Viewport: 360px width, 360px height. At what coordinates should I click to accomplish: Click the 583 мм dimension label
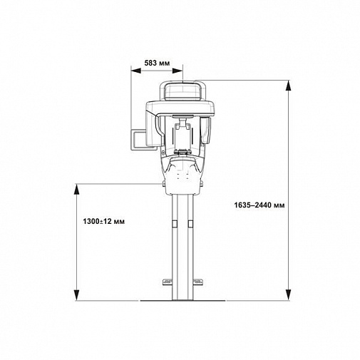[x=157, y=63]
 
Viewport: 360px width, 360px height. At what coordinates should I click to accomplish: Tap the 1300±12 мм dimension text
[x=103, y=222]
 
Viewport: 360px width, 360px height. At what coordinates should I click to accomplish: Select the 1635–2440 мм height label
[x=259, y=205]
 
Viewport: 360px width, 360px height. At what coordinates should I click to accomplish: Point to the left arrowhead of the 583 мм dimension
[x=136, y=71]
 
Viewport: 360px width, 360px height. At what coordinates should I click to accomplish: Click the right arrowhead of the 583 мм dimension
[x=178, y=71]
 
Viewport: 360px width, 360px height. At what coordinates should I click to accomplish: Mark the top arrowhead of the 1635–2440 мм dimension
[x=288, y=86]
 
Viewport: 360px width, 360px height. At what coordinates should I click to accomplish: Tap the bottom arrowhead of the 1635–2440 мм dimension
[x=288, y=295]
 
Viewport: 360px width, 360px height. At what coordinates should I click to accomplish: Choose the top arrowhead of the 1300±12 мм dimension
[x=76, y=189]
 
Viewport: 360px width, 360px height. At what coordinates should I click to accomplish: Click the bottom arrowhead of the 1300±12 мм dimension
[x=76, y=295]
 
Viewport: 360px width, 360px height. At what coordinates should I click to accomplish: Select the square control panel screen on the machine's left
[x=138, y=140]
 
